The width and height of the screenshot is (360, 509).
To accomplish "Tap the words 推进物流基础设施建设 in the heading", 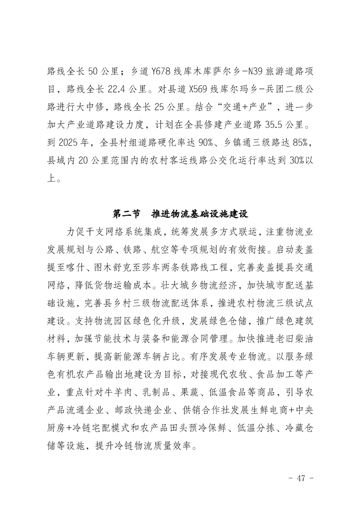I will click(199, 213).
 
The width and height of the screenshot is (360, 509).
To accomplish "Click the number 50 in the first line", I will click(93, 71).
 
